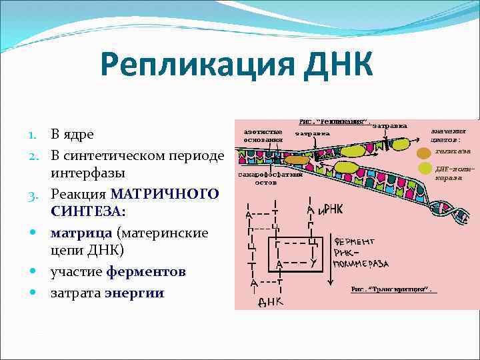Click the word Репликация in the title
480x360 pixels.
[194, 67]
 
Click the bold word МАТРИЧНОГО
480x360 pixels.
[164, 194]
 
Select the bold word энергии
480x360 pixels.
[134, 292]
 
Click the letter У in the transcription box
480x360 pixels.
[311, 263]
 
